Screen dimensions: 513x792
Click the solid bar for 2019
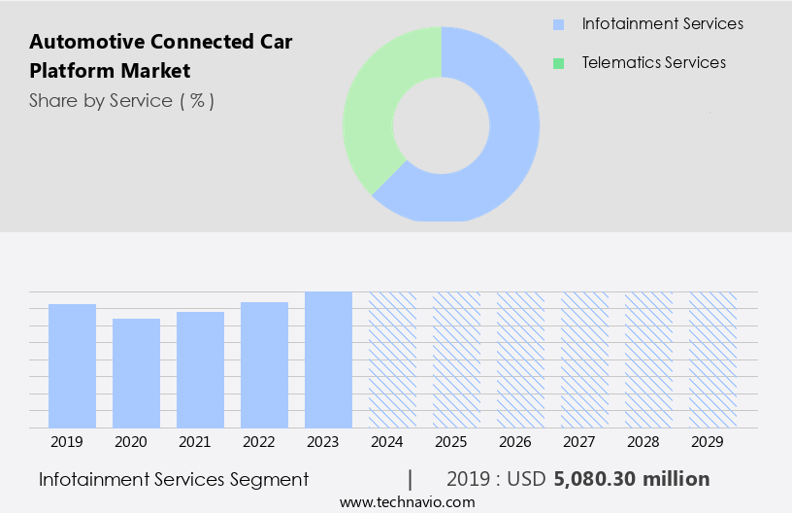point(72,365)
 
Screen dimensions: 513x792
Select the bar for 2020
point(136,373)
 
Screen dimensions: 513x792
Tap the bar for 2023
point(328,359)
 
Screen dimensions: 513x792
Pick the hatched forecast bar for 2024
point(392,359)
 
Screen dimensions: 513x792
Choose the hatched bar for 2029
point(712,359)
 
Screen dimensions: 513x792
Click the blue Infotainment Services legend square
point(558,24)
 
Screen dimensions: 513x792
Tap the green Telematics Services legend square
point(558,63)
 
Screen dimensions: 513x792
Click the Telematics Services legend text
point(653,63)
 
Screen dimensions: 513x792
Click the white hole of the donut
point(441,124)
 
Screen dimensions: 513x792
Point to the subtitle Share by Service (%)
point(121,100)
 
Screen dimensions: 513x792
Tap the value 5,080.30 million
point(631,479)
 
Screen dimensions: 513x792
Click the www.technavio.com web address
point(408,501)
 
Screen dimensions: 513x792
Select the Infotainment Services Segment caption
point(174,479)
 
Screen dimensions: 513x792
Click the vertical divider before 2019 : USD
point(411,479)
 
